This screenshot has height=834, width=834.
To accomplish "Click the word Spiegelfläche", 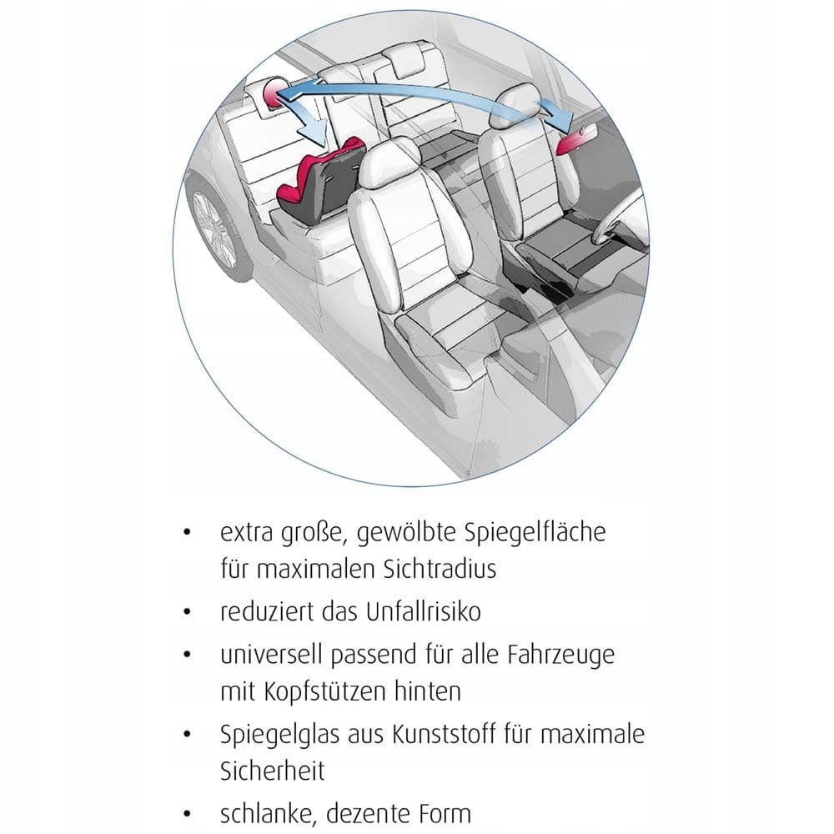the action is [x=535, y=532].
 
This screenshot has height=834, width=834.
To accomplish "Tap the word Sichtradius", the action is [x=440, y=569].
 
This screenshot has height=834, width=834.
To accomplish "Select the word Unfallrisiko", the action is [x=424, y=611].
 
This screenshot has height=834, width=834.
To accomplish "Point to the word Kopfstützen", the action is [x=324, y=692].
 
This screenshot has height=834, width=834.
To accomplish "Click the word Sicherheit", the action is [x=273, y=771].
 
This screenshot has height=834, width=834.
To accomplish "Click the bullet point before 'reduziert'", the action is [x=187, y=612].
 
